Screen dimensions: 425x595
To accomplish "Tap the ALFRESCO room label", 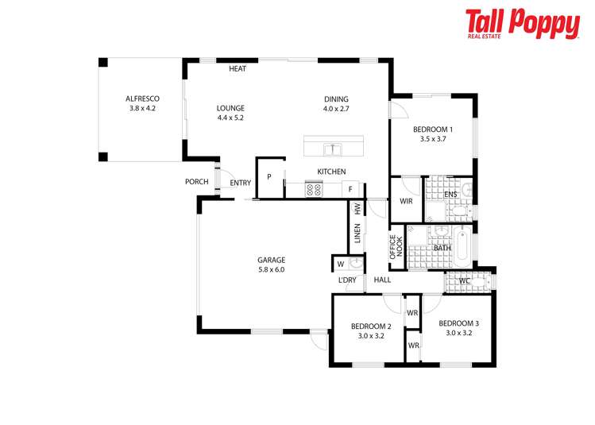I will pyautogui.click(x=142, y=102).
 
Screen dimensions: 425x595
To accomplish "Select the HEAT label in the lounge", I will pyautogui.click(x=238, y=69).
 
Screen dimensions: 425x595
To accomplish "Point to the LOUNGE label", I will pyautogui.click(x=231, y=112).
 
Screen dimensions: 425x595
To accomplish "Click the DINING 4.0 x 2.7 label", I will pyautogui.click(x=336, y=103).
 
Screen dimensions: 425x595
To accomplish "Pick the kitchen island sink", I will pyautogui.click(x=333, y=149).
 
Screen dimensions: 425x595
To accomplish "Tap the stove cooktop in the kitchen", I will pyautogui.click(x=314, y=189).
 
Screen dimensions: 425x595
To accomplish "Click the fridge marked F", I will pyautogui.click(x=350, y=189).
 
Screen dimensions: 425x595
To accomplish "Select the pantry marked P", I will pyautogui.click(x=269, y=177).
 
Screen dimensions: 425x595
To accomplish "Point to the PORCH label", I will pyautogui.click(x=196, y=182).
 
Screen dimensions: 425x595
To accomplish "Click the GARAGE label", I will pyautogui.click(x=271, y=265).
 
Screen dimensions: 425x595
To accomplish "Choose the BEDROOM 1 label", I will pyautogui.click(x=433, y=133).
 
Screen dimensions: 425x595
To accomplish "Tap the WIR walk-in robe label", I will pyautogui.click(x=406, y=202).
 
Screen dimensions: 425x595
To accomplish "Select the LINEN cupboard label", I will pyautogui.click(x=358, y=234).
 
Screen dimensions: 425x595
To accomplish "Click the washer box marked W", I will pyautogui.click(x=340, y=264).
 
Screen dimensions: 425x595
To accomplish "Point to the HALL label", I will pyautogui.click(x=383, y=280).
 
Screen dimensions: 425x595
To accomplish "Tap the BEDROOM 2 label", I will pyautogui.click(x=371, y=330).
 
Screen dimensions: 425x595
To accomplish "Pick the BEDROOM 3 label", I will pyautogui.click(x=459, y=328).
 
